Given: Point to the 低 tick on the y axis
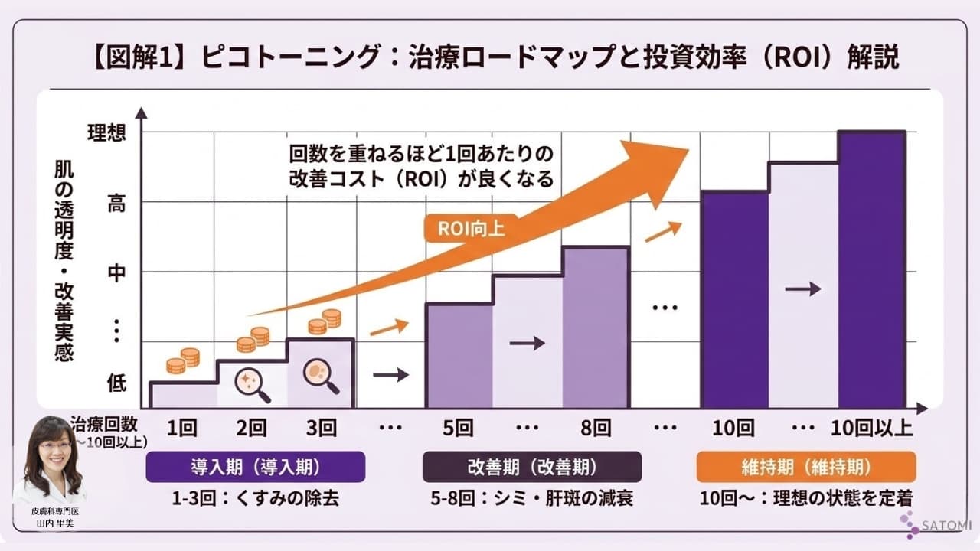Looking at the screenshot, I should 116,383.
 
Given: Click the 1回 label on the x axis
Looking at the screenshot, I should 181,428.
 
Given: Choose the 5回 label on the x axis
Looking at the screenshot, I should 459,428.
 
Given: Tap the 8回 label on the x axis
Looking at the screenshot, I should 596,428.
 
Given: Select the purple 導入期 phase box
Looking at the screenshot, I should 255,467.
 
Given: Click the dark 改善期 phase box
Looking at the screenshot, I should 532,467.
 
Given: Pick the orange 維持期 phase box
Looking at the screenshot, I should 806,467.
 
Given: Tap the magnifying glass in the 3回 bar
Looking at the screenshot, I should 321,376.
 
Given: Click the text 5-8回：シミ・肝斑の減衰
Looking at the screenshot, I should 532,498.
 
